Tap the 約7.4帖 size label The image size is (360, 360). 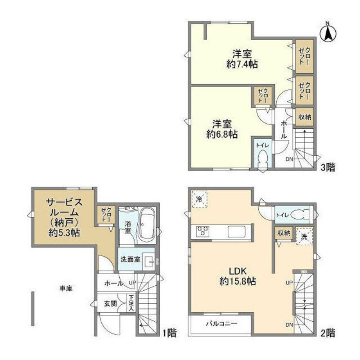(242, 64)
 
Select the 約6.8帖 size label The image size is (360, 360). (222, 134)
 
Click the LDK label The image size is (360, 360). (238, 271)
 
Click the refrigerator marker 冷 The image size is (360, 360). (198, 199)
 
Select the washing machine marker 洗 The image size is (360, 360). (304, 236)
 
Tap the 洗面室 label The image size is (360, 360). (129, 260)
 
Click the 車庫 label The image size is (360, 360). (66, 288)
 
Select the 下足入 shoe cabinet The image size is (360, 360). (130, 304)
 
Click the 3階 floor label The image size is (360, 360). (327, 168)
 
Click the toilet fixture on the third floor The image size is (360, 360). (263, 158)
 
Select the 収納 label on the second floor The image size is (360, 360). (283, 233)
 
